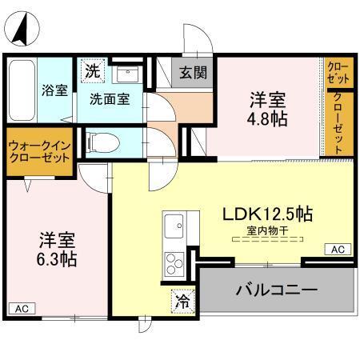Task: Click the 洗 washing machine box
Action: tap(94, 70)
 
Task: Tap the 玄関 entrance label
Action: tap(193, 74)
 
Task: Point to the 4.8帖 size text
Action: tap(268, 118)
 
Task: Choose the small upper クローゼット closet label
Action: tap(338, 74)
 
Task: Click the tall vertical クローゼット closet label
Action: tap(338, 123)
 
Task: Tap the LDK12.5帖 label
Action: tap(267, 214)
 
